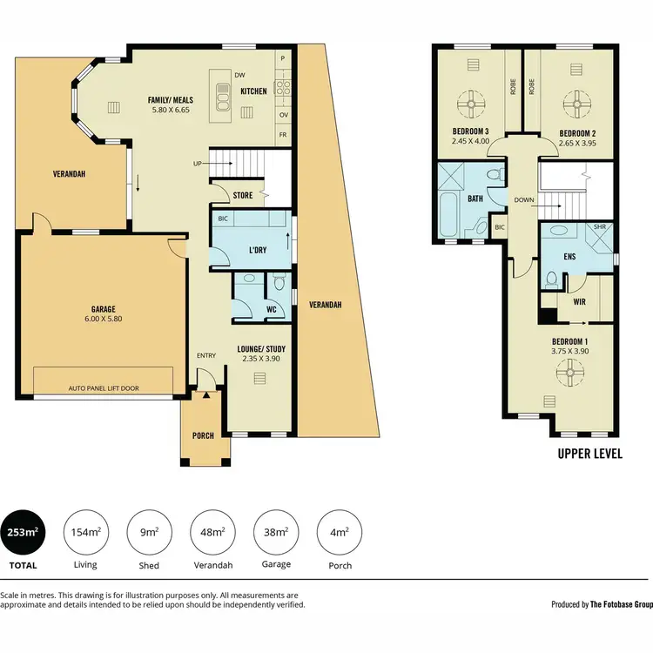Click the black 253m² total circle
click(x=24, y=532)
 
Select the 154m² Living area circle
click(x=85, y=532)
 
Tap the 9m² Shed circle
click(x=149, y=532)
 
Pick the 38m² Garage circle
click(x=276, y=532)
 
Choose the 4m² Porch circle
click(x=340, y=532)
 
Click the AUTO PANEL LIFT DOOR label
click(x=104, y=389)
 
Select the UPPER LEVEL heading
click(x=589, y=454)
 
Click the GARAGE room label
click(x=104, y=309)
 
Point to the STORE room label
click(x=243, y=196)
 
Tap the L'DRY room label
click(x=258, y=251)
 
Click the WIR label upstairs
click(x=579, y=301)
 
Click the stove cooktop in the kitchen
click(x=283, y=86)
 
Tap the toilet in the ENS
click(x=551, y=279)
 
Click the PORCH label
click(x=204, y=436)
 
